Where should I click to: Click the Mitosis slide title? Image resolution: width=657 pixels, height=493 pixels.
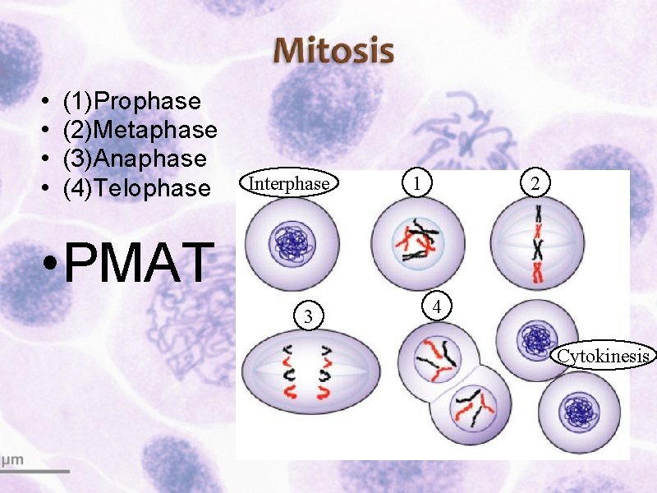coord(333,51)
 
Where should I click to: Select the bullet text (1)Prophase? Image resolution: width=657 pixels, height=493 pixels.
coord(131,101)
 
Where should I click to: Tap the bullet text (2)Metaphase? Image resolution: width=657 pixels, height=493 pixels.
coord(140,130)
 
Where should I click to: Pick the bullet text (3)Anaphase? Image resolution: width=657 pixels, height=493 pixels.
coord(134,159)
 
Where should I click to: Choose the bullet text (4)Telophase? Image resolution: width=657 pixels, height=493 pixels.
coord(136,188)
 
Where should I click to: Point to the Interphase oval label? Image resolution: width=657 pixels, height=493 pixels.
coord(288,184)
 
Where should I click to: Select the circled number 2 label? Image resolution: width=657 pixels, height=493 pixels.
coord(535,184)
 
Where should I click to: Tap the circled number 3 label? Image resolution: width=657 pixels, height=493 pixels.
coord(307,316)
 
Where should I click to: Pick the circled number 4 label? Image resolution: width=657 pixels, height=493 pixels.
coord(438,307)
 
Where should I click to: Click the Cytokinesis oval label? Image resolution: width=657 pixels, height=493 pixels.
coord(604,356)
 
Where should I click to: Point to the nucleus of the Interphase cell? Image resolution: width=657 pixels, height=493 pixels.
coord(289,243)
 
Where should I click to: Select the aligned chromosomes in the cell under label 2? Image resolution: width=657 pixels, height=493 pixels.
coord(538,244)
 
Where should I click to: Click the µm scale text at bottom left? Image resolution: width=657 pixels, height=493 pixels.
coord(11,459)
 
